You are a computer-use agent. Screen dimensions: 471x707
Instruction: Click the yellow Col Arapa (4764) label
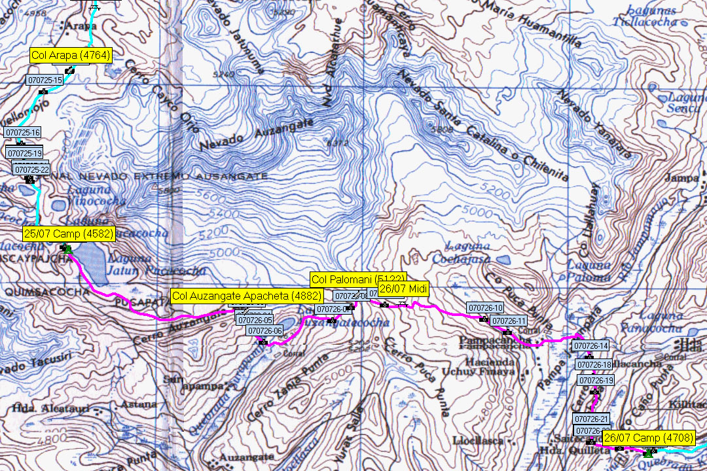[x=70, y=56]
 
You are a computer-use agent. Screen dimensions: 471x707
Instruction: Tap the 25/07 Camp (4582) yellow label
[x=69, y=234]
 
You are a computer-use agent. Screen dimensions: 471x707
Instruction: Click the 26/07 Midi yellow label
[x=403, y=290]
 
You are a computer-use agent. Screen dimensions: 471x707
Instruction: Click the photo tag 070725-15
[x=45, y=80]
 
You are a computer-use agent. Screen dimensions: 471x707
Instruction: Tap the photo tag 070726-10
[x=485, y=307]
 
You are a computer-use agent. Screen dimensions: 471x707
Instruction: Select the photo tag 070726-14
[x=591, y=345]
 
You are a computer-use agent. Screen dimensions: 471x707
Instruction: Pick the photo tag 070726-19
[x=596, y=380]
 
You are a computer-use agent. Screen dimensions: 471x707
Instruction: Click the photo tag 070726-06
[x=264, y=331]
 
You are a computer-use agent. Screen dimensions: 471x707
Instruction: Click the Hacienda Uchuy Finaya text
[x=488, y=366]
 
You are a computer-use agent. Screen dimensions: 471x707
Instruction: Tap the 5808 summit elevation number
[x=442, y=130]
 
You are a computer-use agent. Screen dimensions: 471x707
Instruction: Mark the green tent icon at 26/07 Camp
[x=649, y=452]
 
